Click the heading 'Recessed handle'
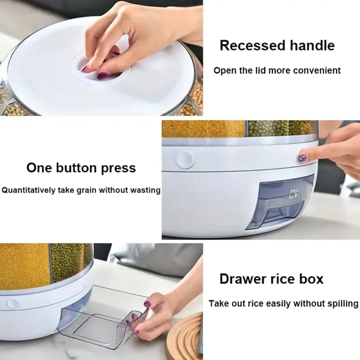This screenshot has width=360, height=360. [x=277, y=46]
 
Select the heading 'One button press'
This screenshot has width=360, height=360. [x=81, y=168]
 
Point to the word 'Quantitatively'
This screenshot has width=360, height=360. [x=28, y=191]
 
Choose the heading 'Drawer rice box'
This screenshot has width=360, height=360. [x=271, y=279]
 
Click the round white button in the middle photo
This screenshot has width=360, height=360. [x=185, y=160]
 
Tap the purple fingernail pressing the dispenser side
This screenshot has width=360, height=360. [x=302, y=158]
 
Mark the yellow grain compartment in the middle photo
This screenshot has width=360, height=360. [x=203, y=129]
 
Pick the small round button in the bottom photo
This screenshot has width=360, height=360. [x=13, y=303]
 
